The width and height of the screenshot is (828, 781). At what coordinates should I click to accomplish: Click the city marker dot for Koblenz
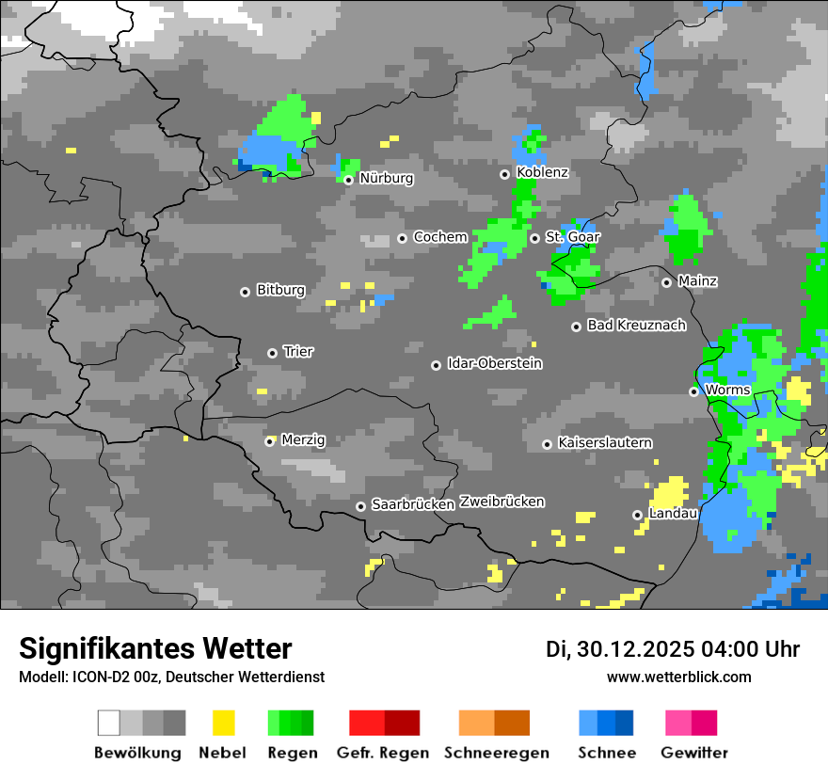(505, 174)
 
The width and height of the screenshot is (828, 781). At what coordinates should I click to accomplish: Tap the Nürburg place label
(386, 178)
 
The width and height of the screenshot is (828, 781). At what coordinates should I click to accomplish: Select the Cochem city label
(439, 237)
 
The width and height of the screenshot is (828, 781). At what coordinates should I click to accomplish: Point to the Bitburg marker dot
(245, 292)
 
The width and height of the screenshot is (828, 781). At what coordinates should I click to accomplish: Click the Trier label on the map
(298, 351)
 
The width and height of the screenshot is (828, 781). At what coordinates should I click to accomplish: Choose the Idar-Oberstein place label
(494, 363)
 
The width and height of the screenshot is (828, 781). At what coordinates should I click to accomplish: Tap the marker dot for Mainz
(666, 282)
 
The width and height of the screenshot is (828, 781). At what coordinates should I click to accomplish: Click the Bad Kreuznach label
(636, 326)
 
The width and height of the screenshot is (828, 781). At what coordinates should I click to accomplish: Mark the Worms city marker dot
(693, 391)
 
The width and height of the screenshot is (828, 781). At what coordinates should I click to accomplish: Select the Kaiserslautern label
(604, 442)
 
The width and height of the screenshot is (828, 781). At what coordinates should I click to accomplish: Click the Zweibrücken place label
(502, 502)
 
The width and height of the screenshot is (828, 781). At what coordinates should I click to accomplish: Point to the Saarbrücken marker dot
(360, 506)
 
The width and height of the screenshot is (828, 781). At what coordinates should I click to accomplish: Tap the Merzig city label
(303, 439)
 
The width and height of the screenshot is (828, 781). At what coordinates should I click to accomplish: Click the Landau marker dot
(637, 515)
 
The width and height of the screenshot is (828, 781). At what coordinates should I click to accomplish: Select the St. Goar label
(572, 237)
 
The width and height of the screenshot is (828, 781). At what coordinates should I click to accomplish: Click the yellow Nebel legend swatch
(223, 723)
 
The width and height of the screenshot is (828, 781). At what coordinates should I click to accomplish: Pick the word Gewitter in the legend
(693, 753)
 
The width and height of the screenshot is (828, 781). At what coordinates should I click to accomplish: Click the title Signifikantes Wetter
(155, 648)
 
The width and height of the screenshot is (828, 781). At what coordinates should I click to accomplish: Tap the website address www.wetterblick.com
(678, 677)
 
